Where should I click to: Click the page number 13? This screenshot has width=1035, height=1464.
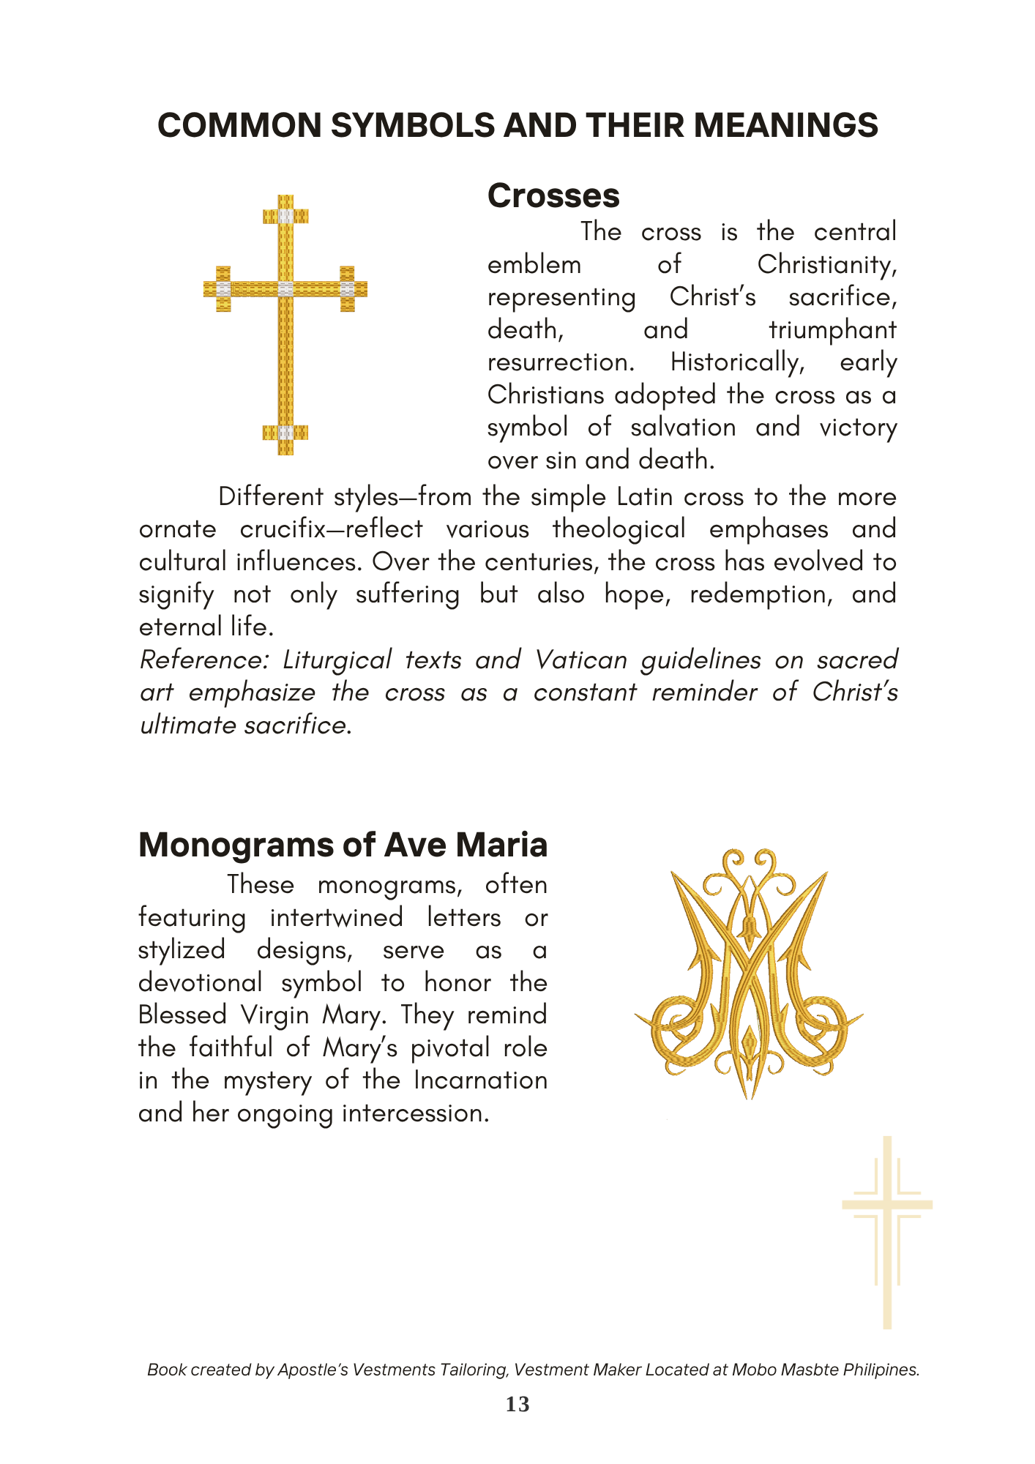click(517, 1404)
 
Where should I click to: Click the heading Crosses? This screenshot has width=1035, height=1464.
click(553, 196)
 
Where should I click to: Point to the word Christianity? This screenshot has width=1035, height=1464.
click(826, 264)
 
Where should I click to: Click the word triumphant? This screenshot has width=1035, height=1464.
click(832, 330)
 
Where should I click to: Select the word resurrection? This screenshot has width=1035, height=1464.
click(561, 362)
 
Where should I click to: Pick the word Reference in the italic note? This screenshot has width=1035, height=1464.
click(205, 660)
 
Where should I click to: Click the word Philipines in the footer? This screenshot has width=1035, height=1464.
click(881, 1370)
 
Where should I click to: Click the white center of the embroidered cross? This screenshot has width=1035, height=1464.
click(285, 289)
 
